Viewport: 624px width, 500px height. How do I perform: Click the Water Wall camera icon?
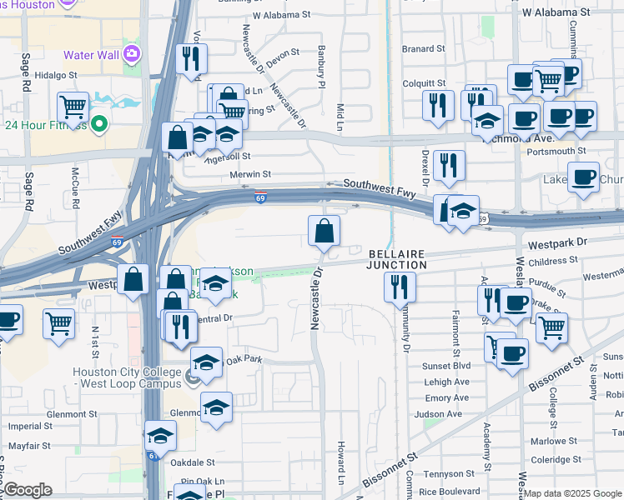tap(132, 56)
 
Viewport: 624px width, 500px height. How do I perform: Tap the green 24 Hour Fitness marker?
tap(100, 126)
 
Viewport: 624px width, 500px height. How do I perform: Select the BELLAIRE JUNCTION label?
tap(396, 258)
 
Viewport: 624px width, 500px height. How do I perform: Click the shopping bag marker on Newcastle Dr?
tap(324, 231)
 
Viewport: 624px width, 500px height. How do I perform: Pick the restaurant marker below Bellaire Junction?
tap(400, 287)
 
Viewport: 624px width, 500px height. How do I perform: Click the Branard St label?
tap(419, 49)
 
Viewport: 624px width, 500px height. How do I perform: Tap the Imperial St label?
tap(30, 426)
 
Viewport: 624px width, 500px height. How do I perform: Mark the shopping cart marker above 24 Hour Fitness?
tap(73, 107)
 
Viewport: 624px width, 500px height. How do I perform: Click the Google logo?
tap(28, 490)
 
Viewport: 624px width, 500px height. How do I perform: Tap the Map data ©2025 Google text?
tap(572, 493)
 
